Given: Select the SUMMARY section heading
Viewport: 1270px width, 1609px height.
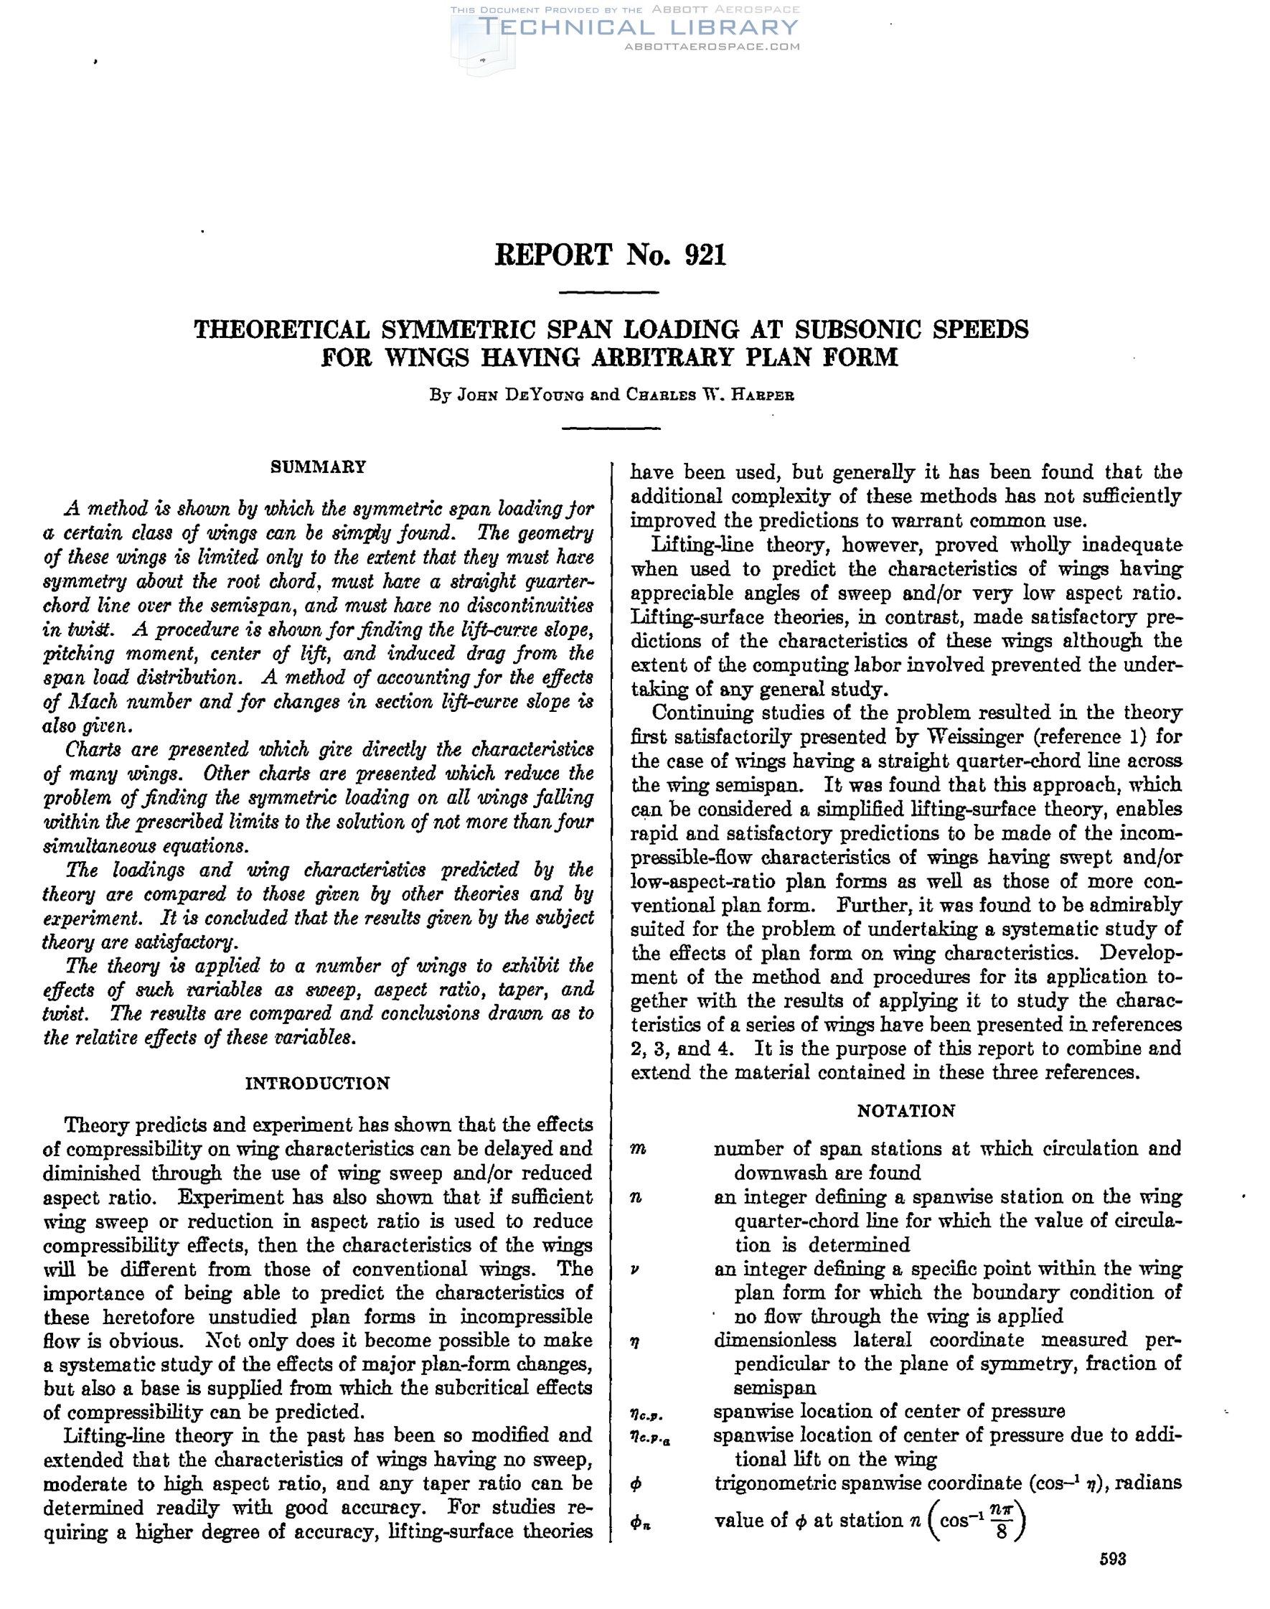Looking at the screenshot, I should (319, 467).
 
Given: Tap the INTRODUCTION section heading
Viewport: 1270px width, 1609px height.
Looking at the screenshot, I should (317, 1084).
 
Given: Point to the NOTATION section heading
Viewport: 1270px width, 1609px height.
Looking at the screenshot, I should (906, 1111).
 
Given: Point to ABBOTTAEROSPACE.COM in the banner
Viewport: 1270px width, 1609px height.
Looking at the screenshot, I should (712, 46).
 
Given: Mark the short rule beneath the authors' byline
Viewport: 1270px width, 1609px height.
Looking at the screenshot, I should (609, 428).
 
